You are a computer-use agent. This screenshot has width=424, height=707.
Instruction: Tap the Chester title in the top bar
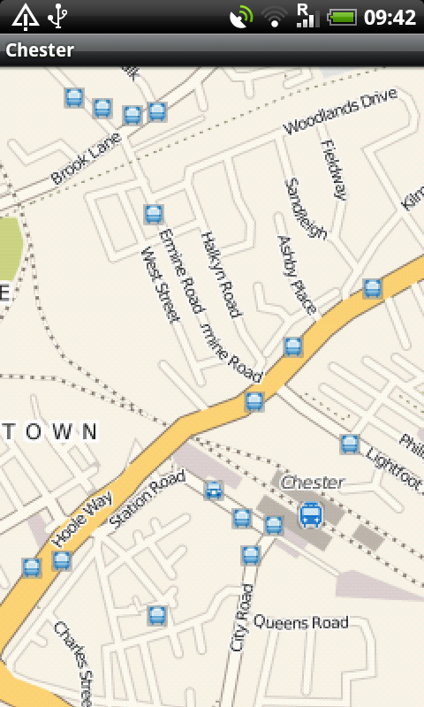40,50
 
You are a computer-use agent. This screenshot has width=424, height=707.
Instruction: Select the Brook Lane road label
86,158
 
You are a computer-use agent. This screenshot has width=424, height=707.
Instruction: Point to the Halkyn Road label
220,275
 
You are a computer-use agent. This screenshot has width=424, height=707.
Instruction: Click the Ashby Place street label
297,274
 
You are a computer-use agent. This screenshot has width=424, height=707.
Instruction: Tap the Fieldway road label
334,170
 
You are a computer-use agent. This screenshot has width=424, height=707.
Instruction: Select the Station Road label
147,500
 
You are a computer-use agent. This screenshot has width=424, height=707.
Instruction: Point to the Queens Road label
300,622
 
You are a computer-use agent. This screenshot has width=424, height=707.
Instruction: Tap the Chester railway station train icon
310,514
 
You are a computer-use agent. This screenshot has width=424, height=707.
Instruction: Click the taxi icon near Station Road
213,490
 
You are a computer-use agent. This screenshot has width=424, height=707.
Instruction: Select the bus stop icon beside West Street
154,214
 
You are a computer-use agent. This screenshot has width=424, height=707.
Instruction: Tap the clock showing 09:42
390,17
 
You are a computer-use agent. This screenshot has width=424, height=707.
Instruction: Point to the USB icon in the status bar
58,16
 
